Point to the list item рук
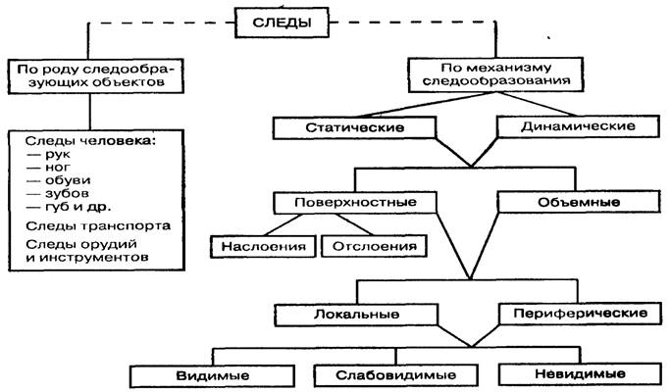coord(54,156)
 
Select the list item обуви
coord(60,181)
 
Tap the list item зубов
coord(60,194)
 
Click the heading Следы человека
coord(90,143)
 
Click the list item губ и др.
coord(70,207)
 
